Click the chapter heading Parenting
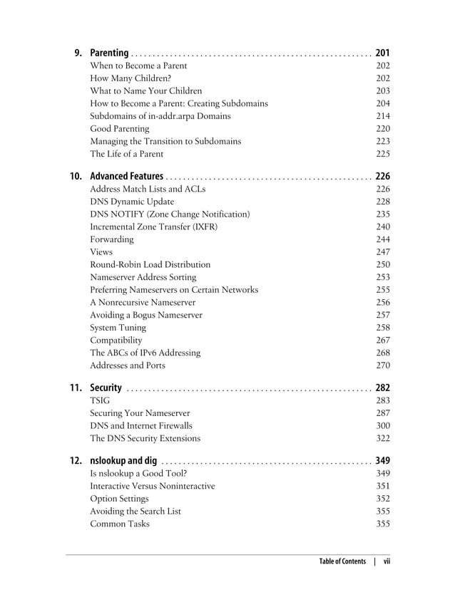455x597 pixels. pyautogui.click(x=109, y=53)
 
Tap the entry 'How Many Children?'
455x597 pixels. pyautogui.click(x=131, y=78)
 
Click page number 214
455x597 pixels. pyautogui.click(x=383, y=116)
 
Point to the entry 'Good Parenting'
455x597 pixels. pyautogui.click(x=120, y=129)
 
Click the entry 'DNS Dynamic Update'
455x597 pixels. pyautogui.click(x=132, y=202)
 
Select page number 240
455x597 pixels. pyautogui.click(x=383, y=227)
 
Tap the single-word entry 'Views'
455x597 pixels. pyautogui.click(x=101, y=252)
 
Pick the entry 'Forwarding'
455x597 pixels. pyautogui.click(x=112, y=239)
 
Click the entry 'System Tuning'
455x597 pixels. pyautogui.click(x=118, y=328)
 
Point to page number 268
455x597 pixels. pyautogui.click(x=383, y=353)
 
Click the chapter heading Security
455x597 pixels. pyautogui.click(x=106, y=388)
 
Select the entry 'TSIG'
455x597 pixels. pyautogui.click(x=100, y=401)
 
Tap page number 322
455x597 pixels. pyautogui.click(x=383, y=438)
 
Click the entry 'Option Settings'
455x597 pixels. pyautogui.click(x=120, y=499)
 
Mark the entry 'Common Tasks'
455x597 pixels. pyautogui.click(x=120, y=524)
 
